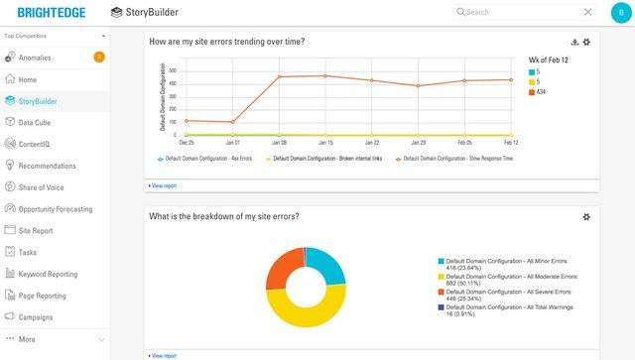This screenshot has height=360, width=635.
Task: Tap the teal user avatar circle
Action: [621, 13]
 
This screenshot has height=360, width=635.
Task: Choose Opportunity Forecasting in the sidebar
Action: [55, 209]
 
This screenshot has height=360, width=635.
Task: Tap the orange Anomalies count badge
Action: [99, 58]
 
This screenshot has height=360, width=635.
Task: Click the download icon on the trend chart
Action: [574, 42]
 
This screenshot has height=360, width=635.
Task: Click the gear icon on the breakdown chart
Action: [586, 216]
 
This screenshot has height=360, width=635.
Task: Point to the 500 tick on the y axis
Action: [173, 70]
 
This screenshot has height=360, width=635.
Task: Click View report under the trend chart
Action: [164, 185]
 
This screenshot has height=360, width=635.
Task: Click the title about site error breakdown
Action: [223, 216]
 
